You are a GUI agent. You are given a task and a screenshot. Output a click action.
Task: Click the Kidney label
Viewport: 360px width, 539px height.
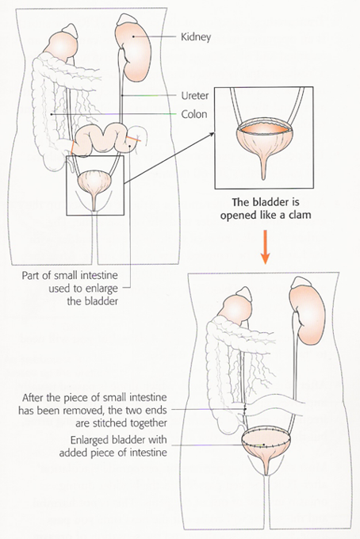(x=196, y=37)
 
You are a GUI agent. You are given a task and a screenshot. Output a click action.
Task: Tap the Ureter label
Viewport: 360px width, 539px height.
(x=195, y=96)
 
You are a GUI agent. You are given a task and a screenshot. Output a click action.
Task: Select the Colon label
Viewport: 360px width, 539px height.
(x=194, y=114)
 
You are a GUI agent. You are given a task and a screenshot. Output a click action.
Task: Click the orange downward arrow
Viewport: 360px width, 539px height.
(x=265, y=247)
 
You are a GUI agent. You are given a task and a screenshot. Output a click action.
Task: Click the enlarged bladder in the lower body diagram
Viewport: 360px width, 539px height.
(x=266, y=444)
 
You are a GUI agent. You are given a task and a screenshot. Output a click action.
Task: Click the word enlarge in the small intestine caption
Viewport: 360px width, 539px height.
(x=100, y=289)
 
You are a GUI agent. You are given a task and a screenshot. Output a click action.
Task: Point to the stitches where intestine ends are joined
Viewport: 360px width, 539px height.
(x=245, y=409)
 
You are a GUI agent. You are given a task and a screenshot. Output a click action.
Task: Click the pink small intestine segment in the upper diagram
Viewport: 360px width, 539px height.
(x=104, y=140)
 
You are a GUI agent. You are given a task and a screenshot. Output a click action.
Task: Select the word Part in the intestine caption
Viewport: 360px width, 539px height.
(x=30, y=276)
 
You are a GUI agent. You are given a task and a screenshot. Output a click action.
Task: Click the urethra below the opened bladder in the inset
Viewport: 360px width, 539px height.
(x=264, y=170)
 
